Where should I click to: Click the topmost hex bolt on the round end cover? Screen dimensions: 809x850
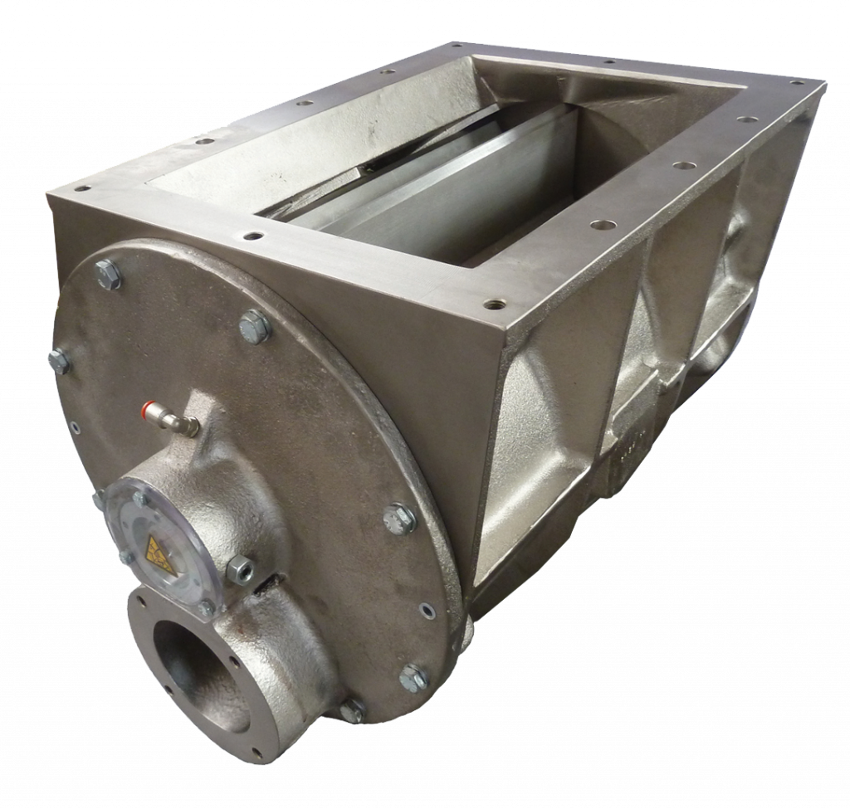(108, 273)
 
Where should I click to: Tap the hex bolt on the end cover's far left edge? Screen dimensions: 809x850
(57, 359)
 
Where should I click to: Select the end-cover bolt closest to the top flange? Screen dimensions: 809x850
(255, 326)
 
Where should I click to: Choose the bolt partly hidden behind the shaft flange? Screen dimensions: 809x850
(352, 709)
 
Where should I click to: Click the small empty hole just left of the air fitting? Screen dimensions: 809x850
(73, 427)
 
